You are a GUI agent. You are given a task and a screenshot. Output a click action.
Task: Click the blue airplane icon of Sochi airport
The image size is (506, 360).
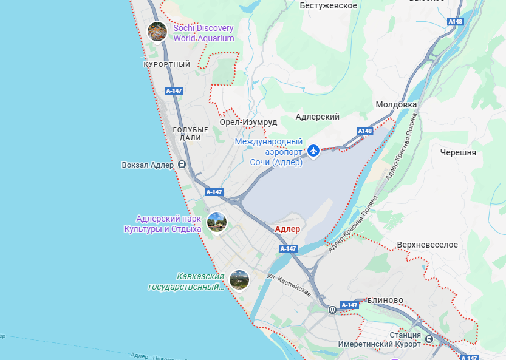(313, 151)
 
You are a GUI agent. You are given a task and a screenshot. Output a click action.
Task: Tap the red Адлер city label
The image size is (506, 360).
(287, 229)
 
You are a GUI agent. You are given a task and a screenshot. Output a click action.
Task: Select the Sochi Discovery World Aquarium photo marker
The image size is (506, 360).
(157, 31)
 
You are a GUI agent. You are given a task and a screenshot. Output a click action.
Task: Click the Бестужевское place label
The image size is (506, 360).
(329, 5)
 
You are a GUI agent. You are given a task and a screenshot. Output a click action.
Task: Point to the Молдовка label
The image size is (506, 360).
(396, 104)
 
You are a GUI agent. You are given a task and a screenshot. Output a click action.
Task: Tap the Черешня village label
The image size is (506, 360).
(458, 152)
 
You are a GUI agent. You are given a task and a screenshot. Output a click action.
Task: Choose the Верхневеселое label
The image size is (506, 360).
(427, 245)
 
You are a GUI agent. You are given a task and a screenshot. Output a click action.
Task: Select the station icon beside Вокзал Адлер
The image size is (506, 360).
(181, 165)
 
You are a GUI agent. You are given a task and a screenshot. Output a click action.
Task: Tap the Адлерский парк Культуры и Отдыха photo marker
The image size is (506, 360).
(216, 222)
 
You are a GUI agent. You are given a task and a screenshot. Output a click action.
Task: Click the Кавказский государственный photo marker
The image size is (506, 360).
(239, 279)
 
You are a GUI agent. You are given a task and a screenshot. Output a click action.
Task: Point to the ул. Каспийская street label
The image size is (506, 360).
(289, 285)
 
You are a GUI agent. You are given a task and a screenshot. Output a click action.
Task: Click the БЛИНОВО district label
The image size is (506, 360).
(385, 301)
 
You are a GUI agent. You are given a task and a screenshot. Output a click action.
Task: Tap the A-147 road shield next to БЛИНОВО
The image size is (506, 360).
(349, 305)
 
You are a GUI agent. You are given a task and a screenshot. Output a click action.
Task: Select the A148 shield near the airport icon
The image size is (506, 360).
(364, 131)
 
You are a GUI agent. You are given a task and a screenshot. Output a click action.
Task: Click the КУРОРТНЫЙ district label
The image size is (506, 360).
(167, 64)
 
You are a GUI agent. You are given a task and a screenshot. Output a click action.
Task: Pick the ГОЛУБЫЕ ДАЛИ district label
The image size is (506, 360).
(190, 134)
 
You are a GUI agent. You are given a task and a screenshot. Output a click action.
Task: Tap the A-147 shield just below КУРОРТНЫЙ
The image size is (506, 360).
(174, 90)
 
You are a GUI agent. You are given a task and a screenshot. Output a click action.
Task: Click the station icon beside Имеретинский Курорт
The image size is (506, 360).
(429, 339)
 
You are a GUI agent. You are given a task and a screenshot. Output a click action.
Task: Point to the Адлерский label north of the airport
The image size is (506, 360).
(317, 117)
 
